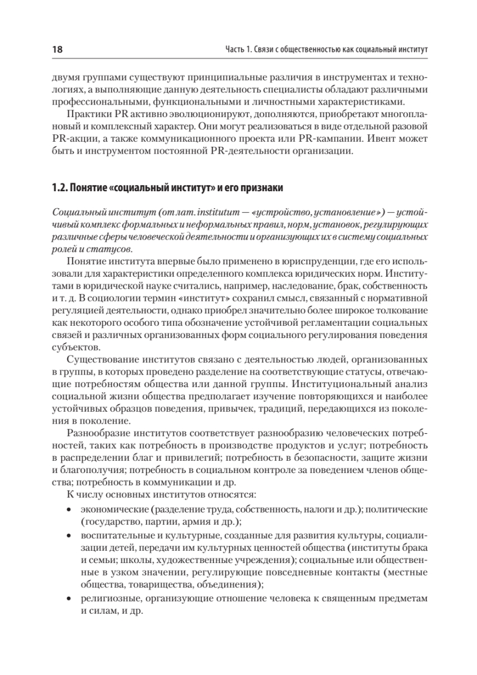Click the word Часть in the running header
coord(234,50)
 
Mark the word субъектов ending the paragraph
coord(70,348)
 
